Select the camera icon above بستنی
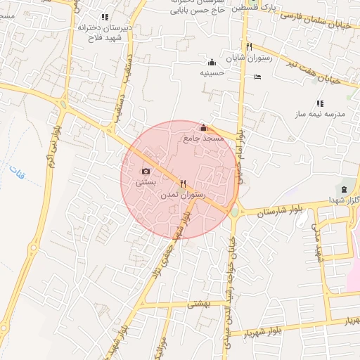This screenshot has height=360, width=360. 146,172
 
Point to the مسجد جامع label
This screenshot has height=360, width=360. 203,139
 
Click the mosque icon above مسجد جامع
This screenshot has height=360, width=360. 204,127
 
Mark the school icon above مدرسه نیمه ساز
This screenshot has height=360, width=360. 320,103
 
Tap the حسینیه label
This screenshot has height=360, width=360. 212,72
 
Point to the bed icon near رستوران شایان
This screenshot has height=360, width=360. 257,77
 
